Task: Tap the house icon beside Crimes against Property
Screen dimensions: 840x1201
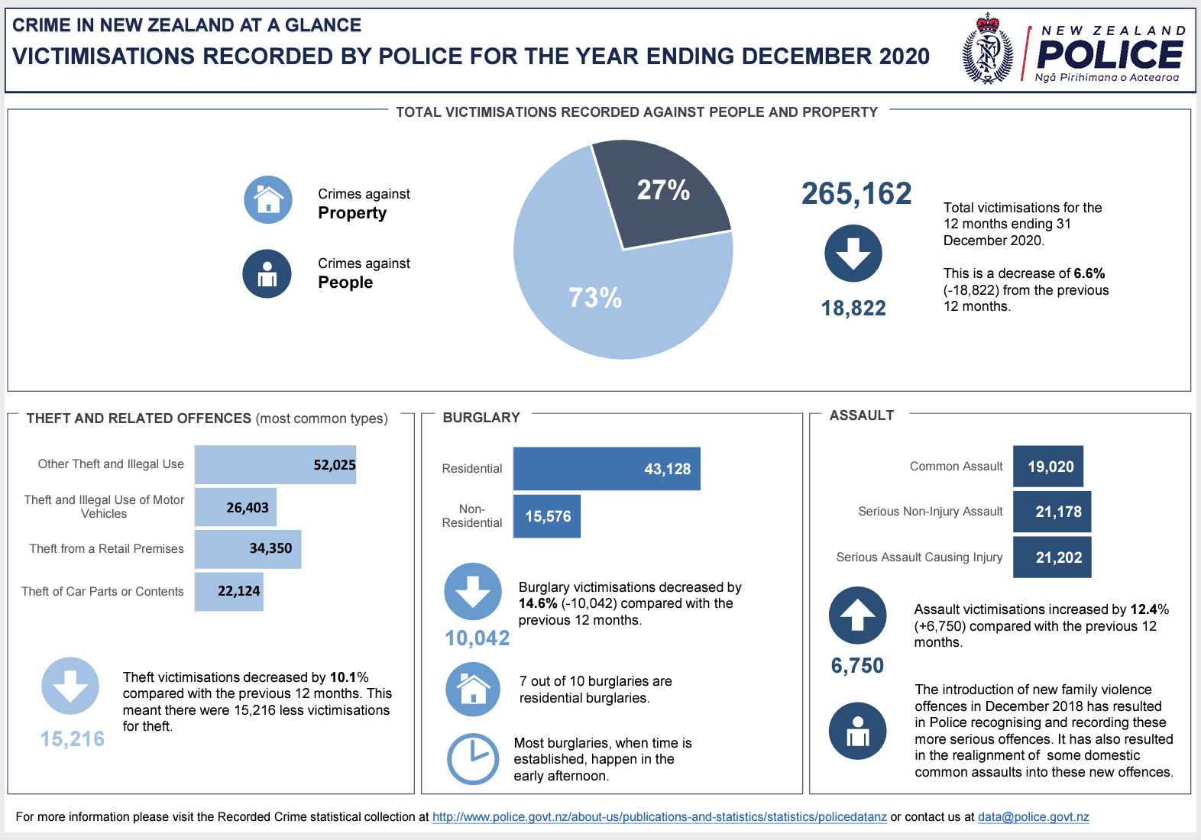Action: coord(267,200)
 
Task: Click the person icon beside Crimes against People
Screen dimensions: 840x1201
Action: coord(267,273)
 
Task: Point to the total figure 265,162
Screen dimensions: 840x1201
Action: coord(856,194)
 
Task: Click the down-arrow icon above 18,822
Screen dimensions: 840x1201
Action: coord(853,254)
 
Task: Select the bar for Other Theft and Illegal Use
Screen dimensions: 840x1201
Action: coord(275,464)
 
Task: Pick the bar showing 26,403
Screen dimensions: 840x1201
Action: coord(235,507)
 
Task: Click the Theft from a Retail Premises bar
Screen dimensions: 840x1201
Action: coord(248,548)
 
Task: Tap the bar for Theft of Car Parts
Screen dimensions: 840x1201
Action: coord(228,591)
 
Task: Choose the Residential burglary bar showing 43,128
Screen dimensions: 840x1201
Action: coord(606,469)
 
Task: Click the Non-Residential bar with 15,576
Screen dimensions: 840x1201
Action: coord(546,516)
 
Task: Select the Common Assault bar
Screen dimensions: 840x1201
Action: coord(1047,467)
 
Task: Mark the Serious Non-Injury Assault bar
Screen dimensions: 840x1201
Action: coord(1051,512)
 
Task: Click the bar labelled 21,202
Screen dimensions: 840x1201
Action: coord(1051,557)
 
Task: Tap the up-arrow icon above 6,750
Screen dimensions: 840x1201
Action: coord(857,615)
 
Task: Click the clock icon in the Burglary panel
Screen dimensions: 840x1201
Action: coord(472,759)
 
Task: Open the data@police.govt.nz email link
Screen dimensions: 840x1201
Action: coord(1033,817)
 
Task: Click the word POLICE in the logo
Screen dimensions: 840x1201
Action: coord(1109,54)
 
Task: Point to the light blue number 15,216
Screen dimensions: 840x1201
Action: coord(73,739)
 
